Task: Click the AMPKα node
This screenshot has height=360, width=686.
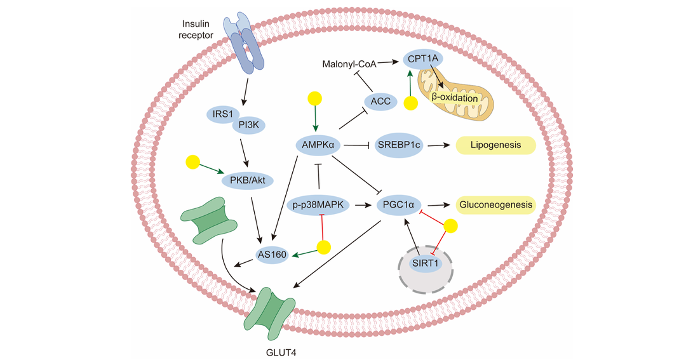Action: [x=318, y=145]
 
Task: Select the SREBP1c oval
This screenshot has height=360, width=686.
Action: [x=398, y=145]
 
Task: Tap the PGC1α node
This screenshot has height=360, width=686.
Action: [x=398, y=204]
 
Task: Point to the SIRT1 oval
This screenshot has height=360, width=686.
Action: [x=425, y=263]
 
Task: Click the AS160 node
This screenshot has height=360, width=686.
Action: [x=272, y=254]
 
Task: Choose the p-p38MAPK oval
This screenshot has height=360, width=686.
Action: [x=318, y=204]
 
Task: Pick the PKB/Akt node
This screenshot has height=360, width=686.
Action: [x=248, y=180]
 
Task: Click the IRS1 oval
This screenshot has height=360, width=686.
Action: [x=223, y=114]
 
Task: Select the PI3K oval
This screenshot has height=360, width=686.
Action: [x=249, y=125]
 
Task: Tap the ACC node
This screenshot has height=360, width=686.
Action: [x=380, y=102]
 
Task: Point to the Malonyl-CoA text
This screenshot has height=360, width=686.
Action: [x=349, y=64]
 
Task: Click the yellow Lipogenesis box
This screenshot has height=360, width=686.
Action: [x=495, y=145]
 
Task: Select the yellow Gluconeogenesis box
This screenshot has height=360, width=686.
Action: [x=495, y=204]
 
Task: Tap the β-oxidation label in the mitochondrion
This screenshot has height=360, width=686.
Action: [x=455, y=98]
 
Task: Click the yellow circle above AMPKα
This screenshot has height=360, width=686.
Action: [x=315, y=98]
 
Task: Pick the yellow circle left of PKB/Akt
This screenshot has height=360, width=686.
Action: [x=192, y=162]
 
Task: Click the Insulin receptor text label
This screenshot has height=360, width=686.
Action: [x=196, y=29]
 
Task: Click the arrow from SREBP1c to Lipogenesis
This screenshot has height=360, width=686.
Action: [x=438, y=145]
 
